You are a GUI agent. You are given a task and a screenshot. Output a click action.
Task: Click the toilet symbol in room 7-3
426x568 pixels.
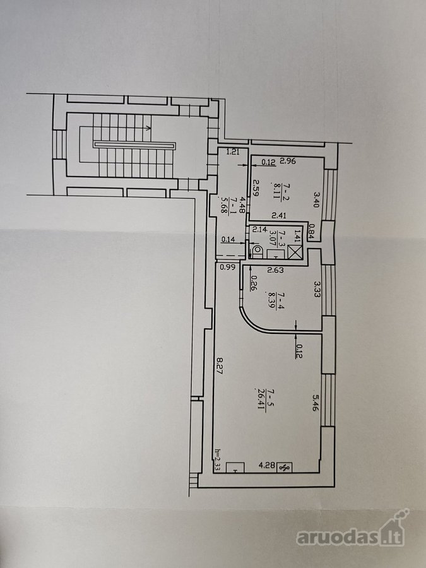[x=257, y=251]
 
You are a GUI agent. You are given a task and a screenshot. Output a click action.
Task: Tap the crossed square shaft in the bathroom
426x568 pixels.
[x=295, y=252]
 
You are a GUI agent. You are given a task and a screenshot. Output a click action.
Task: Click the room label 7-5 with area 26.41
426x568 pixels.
[x=269, y=400]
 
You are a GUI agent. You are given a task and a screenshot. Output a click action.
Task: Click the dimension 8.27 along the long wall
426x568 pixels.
[x=219, y=366]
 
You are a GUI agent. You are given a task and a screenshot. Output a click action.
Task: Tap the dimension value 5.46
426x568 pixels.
[x=315, y=402]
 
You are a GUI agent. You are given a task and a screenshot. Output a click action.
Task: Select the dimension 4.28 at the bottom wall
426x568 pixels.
[x=268, y=464]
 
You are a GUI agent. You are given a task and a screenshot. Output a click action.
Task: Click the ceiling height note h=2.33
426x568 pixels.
[x=217, y=459]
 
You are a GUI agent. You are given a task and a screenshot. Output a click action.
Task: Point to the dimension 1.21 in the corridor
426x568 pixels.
[x=232, y=153]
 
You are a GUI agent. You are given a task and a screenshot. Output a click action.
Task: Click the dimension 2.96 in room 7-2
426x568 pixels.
[x=288, y=161]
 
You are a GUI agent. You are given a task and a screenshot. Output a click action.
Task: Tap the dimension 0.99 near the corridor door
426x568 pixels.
[x=228, y=268]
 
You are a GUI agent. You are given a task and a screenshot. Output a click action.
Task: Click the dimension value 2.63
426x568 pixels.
[x=275, y=269]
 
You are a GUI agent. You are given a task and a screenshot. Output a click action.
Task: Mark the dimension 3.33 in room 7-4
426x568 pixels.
[x=317, y=289]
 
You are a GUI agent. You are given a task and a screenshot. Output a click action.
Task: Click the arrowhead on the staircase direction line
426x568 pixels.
[x=148, y=127]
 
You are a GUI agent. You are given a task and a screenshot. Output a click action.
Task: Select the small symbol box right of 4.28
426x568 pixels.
[x=285, y=467]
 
